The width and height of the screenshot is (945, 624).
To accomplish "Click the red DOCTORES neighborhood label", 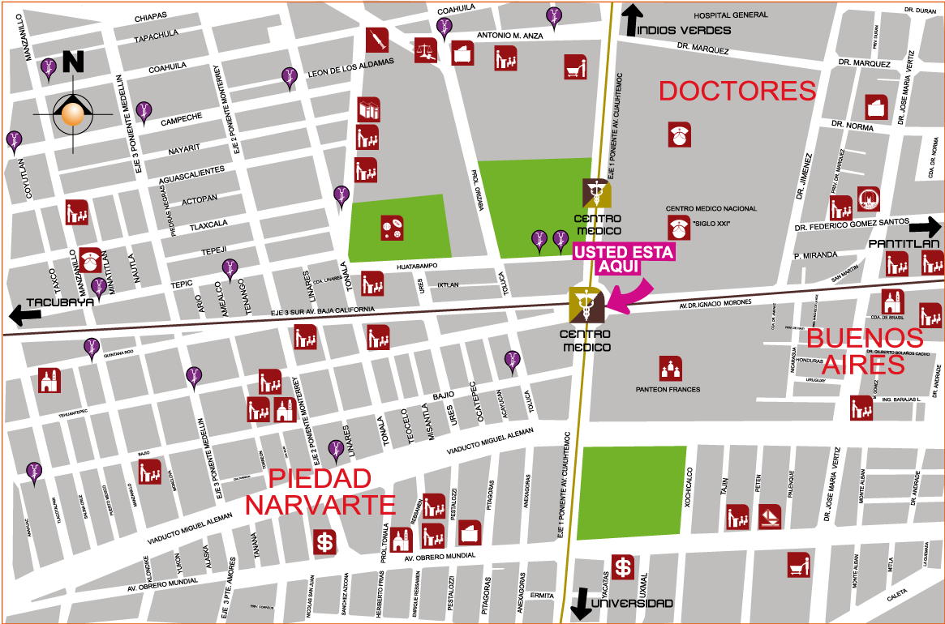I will coord(737,91).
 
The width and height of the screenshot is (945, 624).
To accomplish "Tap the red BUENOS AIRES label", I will coord(864,351).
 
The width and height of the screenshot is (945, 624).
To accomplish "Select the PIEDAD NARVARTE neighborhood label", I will coord(320,492).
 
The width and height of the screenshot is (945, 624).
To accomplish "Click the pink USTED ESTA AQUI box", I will coord(624,259).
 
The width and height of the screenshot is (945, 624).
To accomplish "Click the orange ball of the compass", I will coord(73,114).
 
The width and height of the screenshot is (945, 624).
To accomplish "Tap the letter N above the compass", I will coord(73,62).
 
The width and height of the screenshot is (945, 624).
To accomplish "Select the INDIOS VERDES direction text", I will coord(684,31).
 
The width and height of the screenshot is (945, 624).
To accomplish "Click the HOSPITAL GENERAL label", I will coord(730,15).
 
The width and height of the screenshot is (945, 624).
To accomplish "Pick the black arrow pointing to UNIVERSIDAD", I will coord(580,604).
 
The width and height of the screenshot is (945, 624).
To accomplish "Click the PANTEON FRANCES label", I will coord(668,390).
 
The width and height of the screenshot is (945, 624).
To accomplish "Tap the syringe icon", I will coord(376,39).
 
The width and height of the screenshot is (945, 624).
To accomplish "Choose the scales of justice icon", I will coord(426,50).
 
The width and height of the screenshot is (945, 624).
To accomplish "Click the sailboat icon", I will coord(769,516).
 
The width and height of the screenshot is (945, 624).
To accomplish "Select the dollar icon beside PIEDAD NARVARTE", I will coord(325,541).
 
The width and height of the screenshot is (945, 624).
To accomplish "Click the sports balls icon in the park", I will coord(393,228).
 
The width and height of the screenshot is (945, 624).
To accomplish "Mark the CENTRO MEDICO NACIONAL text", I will coord(711,209).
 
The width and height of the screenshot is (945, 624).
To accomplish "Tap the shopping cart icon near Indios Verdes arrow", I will coord(575,66).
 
